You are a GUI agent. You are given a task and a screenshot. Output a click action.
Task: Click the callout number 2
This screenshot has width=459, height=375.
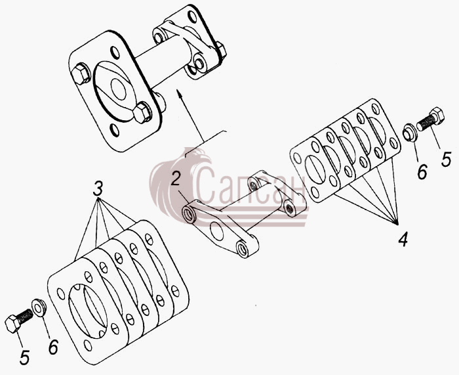(x=176, y=179)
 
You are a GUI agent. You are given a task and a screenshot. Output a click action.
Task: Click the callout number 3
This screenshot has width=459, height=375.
(x=98, y=188)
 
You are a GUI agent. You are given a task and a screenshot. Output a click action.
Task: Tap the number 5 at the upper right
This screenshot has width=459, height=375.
(x=446, y=160)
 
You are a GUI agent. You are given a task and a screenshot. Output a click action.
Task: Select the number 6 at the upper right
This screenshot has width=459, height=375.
(x=422, y=172)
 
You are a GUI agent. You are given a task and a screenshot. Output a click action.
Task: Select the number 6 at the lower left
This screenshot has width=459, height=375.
(x=53, y=347)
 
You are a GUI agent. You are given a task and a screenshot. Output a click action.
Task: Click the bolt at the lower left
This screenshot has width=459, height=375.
(x=19, y=320)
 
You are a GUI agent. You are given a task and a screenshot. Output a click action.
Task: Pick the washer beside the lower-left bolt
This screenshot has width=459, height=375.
(x=39, y=308)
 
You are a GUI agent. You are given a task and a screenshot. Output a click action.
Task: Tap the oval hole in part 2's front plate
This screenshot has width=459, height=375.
(x=217, y=231)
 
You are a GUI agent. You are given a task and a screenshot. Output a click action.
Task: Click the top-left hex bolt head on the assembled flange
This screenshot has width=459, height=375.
(x=81, y=74)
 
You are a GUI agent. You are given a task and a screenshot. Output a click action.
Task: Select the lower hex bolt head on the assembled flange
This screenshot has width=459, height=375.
(x=142, y=112)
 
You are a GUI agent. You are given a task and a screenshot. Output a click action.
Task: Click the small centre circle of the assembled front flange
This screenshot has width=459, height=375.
(x=118, y=89)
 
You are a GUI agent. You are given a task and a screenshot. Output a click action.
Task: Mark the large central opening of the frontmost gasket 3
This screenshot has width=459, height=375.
(x=87, y=311)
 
